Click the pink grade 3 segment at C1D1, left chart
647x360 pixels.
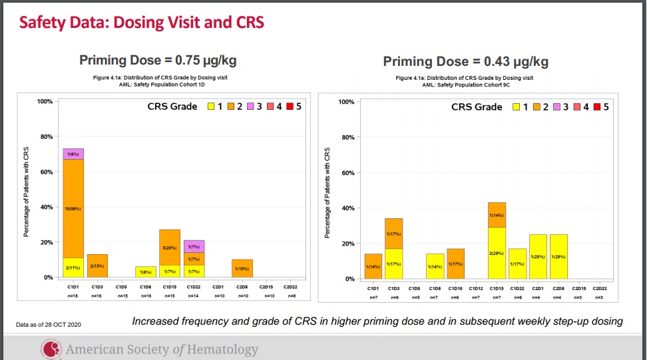[73, 154]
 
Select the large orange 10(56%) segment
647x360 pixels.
[73, 208]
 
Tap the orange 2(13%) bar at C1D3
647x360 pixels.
[97, 266]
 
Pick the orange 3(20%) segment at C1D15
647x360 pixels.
[170, 247]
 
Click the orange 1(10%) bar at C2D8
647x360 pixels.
[242, 268]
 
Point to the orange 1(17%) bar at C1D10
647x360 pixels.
[456, 264]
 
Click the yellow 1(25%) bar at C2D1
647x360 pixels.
[538, 256]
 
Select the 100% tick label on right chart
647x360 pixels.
[346, 102]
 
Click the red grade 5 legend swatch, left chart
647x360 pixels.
[290, 106]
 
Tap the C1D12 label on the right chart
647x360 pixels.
[476, 288]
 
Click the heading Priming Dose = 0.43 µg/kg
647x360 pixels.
[466, 62]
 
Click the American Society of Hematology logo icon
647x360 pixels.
[51, 348]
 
